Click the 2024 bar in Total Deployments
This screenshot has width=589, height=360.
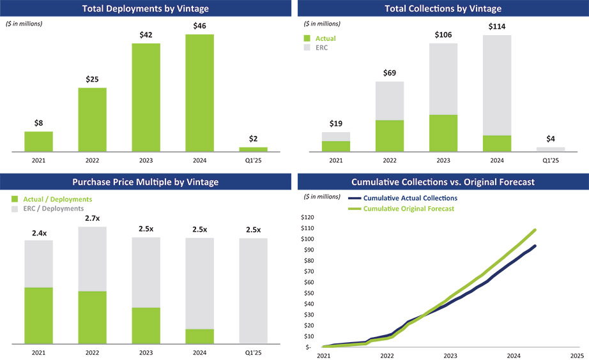pos(199,93)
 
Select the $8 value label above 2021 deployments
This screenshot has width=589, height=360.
pos(38,123)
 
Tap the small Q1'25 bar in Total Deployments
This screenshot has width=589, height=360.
pos(253,149)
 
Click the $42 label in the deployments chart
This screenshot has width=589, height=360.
pos(146,34)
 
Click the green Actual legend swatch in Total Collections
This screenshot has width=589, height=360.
pos(309,38)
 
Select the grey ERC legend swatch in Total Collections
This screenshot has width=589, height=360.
pos(309,48)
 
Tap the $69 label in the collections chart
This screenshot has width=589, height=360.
pos(390,73)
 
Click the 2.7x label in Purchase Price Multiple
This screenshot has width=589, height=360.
pos(92,218)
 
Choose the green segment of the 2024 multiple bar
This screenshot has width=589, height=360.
pos(199,336)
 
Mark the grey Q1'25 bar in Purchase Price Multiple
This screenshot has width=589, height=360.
pos(253,290)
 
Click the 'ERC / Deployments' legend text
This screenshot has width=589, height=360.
pos(53,209)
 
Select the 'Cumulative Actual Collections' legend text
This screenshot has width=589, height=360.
pos(410,198)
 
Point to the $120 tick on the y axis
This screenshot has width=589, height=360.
pos(309,217)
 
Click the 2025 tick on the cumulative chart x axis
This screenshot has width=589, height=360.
pos(577,355)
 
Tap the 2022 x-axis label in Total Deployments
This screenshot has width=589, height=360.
pos(92,161)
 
